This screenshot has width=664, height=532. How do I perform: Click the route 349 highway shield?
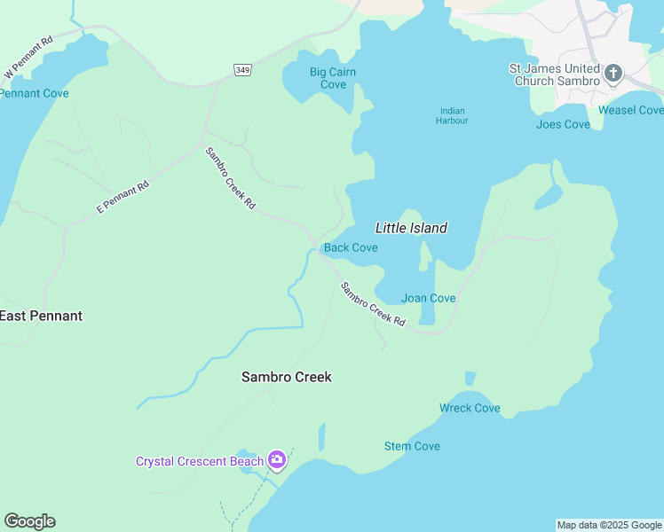pos(242,69)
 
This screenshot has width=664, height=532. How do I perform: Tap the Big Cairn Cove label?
pos(333,78)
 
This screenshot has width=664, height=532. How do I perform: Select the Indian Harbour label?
pos(452,115)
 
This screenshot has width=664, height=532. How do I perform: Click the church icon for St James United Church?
pos(613,73)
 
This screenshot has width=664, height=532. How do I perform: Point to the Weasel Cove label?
pos(630,110)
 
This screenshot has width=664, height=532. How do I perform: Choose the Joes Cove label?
pos(563,124)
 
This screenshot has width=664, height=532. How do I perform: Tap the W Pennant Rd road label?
pos(29,57)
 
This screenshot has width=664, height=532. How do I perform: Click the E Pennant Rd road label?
pos(123,197)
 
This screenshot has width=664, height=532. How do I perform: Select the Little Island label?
pos(411,228)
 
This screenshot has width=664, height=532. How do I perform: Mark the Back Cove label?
pos(351,247)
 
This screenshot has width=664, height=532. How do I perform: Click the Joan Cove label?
pos(428,298)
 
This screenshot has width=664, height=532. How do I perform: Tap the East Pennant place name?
pos(41,316)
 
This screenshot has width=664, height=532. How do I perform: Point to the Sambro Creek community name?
pos(287,377)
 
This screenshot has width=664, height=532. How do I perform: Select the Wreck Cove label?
pos(470,408)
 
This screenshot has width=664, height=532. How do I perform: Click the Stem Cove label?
pos(412,446)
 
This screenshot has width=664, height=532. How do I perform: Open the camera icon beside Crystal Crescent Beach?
pos(277,459)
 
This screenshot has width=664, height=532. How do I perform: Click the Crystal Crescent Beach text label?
pos(199,461)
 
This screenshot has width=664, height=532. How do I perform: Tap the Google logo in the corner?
pos(29,521)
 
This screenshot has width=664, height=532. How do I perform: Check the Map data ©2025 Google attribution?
pos(609,525)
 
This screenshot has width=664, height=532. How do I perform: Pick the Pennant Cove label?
pos(34,93)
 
